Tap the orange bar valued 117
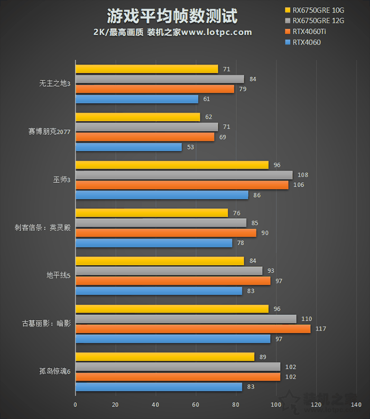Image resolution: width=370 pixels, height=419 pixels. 193,329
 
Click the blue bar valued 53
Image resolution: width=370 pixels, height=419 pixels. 128,147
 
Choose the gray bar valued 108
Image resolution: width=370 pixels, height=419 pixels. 184,175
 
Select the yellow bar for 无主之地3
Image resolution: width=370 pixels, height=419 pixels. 146,69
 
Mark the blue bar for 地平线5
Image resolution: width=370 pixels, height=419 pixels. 159,291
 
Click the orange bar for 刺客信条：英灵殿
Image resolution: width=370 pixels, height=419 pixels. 165,233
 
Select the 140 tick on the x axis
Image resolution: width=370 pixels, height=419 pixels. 356,405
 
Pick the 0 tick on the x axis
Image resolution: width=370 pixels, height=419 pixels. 76,405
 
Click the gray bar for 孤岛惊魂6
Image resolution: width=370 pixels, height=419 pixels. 178,367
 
